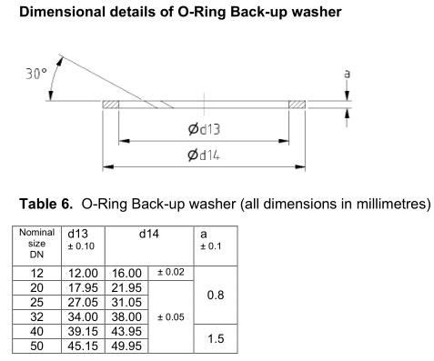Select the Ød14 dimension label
point(204,155)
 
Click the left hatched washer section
point(111,106)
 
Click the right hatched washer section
point(298,106)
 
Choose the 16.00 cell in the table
point(124,272)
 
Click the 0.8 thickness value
point(217,295)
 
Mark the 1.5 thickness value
point(217,338)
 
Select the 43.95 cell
point(124,331)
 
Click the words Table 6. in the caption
point(43,204)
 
